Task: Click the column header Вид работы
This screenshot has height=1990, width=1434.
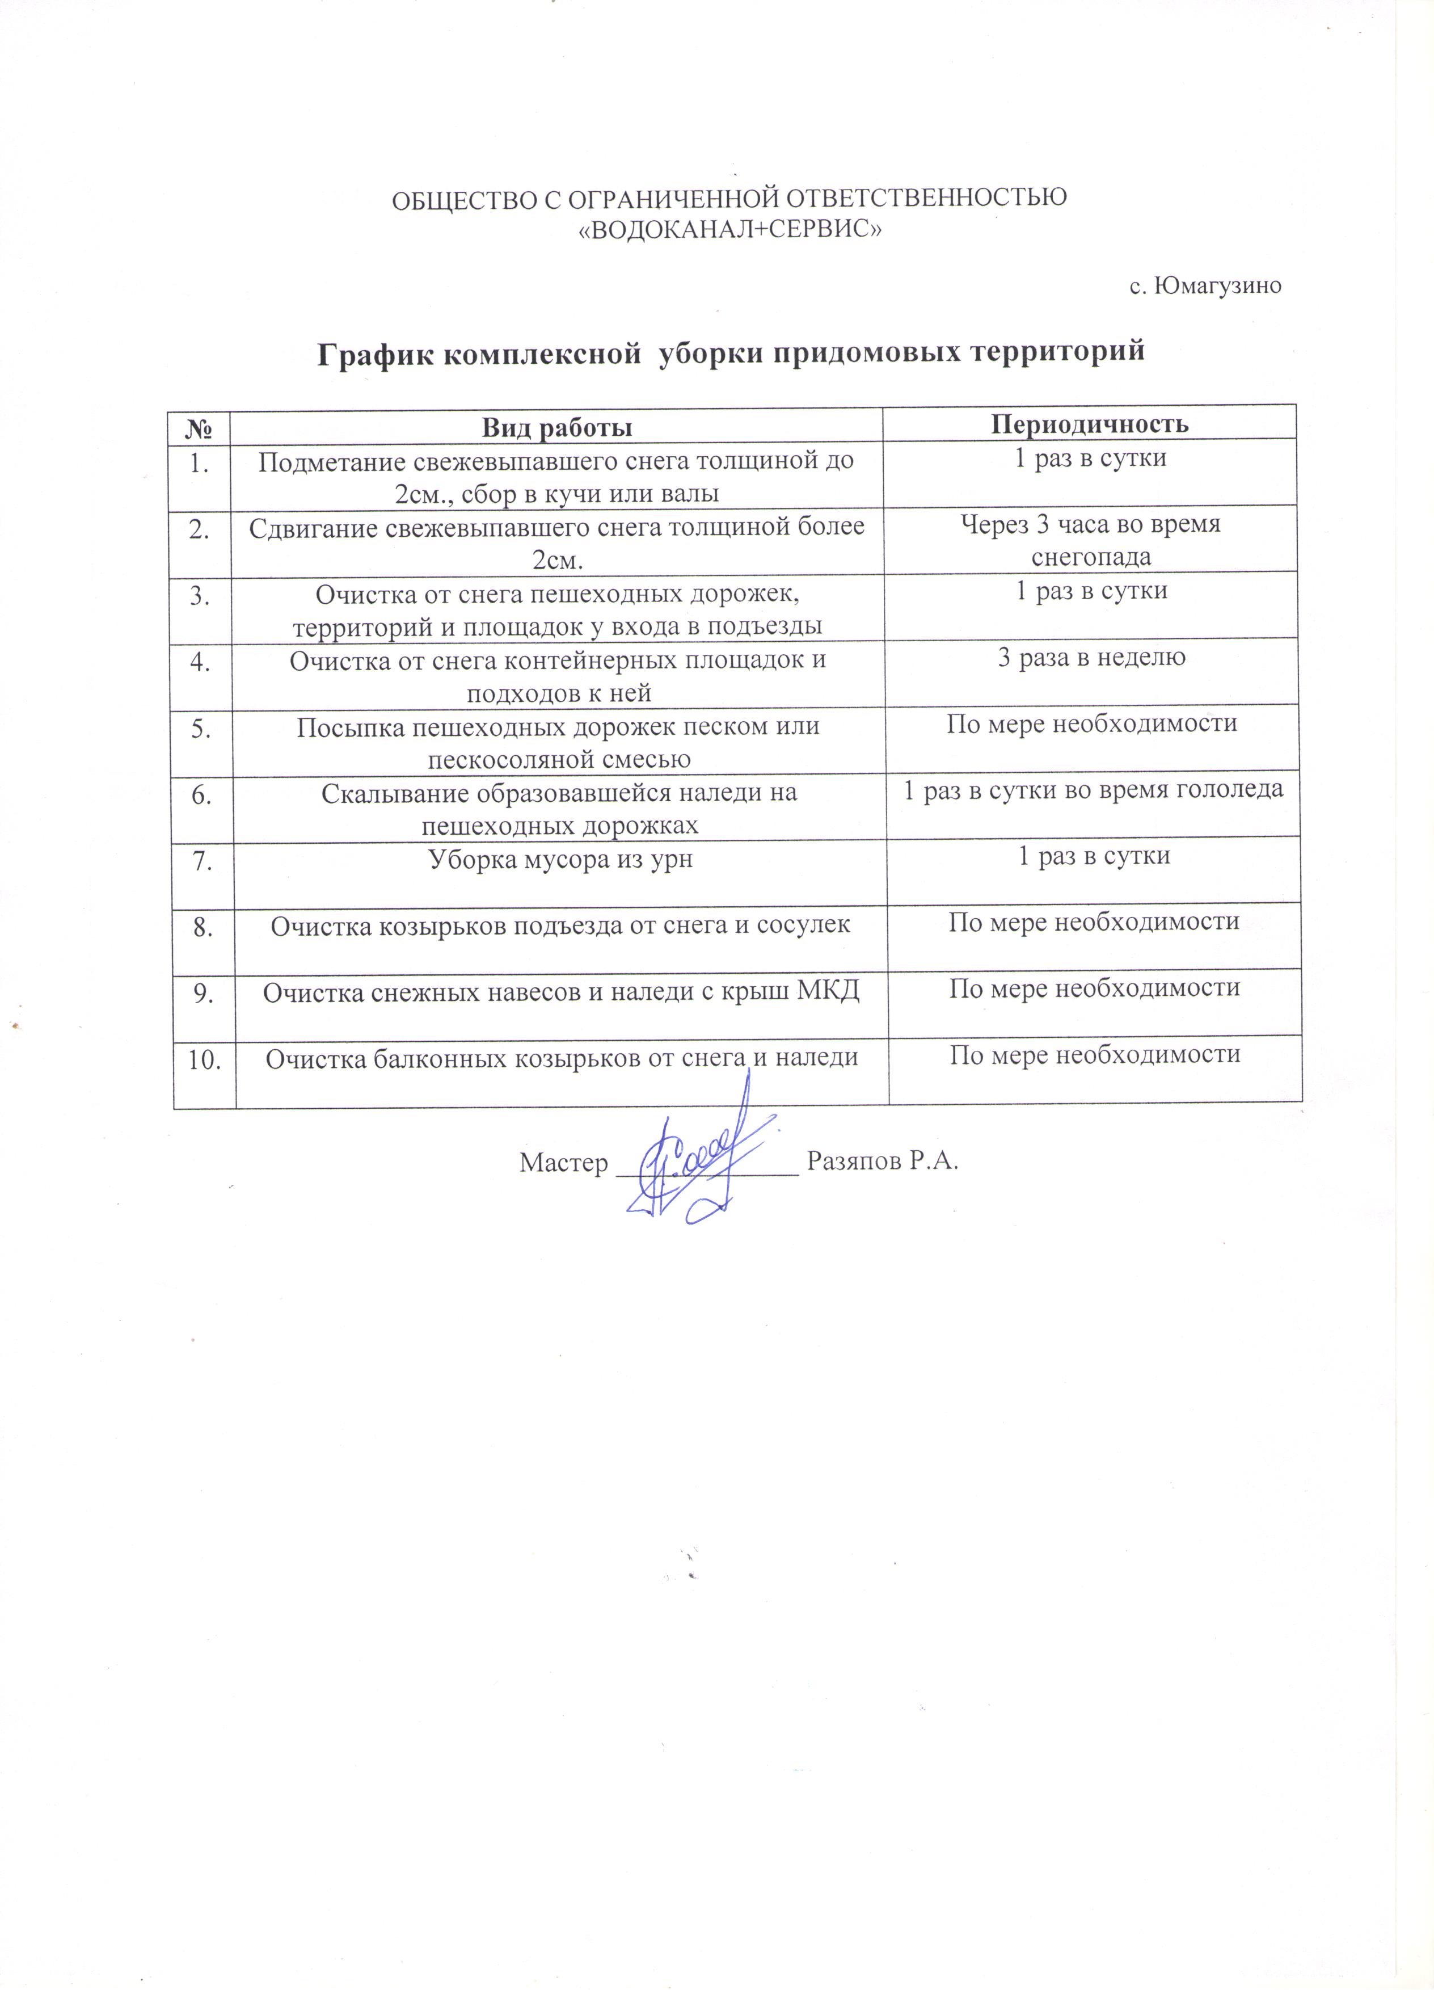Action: tap(557, 427)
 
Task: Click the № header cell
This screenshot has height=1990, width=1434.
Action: tap(201, 427)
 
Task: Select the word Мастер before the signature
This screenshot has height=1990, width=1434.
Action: tap(563, 1163)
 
